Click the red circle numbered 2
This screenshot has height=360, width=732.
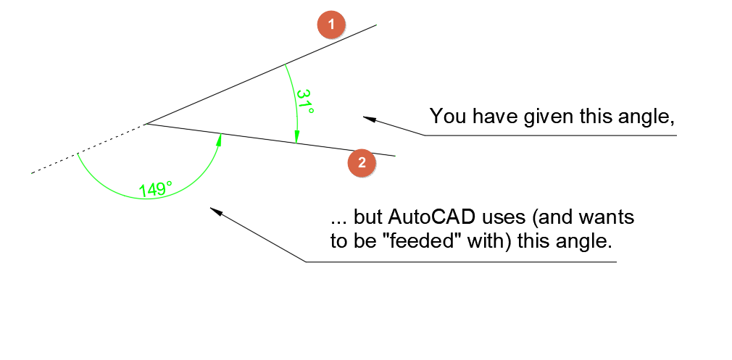pos(362,162)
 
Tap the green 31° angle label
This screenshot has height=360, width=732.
pos(305,102)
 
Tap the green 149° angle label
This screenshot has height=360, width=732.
pos(155,189)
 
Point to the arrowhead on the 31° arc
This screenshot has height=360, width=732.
pos(296,137)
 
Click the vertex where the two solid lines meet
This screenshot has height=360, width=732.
pos(147,124)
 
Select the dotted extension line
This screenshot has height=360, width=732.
pos(87,150)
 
